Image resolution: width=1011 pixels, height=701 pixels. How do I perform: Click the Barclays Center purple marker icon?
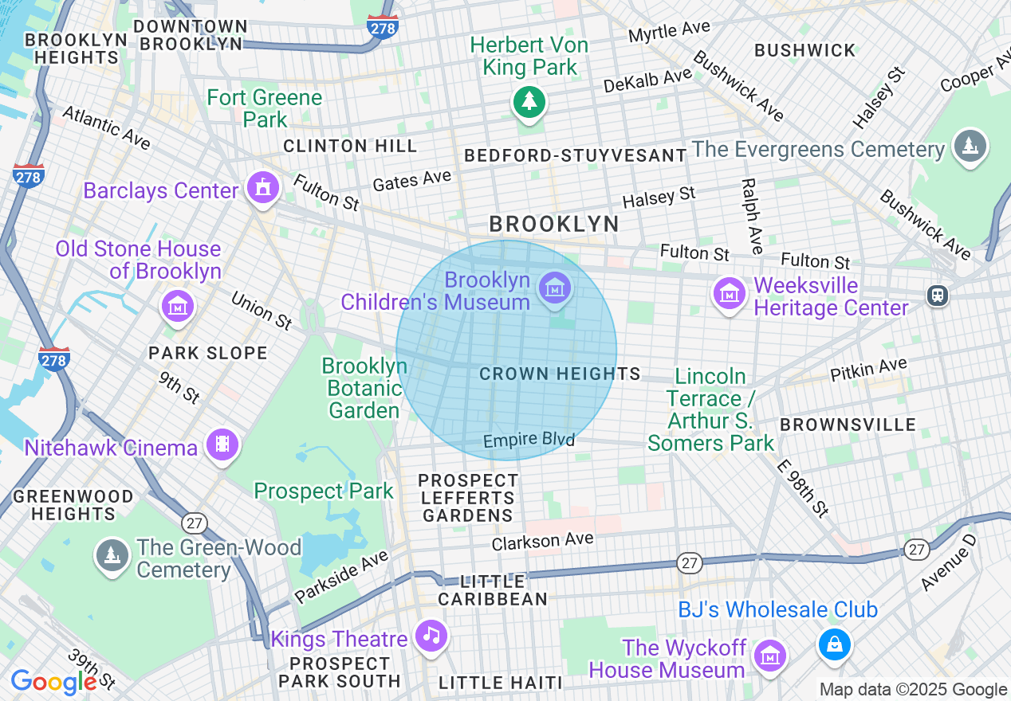(262, 188)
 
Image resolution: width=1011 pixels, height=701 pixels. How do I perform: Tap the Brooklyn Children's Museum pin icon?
(554, 288)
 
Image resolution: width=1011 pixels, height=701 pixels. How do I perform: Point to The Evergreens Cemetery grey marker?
(970, 147)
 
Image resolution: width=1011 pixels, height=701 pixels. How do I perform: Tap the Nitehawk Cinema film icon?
(222, 444)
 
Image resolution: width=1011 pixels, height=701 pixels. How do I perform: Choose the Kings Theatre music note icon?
(431, 636)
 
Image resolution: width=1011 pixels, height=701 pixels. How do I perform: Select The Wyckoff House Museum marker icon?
(769, 656)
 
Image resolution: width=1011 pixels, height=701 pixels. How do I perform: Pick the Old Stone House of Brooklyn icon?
(177, 305)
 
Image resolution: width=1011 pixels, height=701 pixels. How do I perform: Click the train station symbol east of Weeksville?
(938, 296)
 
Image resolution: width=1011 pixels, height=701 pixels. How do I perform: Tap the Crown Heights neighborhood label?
(560, 374)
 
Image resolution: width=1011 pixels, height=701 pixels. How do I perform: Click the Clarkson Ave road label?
(542, 542)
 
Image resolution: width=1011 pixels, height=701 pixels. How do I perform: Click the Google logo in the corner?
(53, 682)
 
